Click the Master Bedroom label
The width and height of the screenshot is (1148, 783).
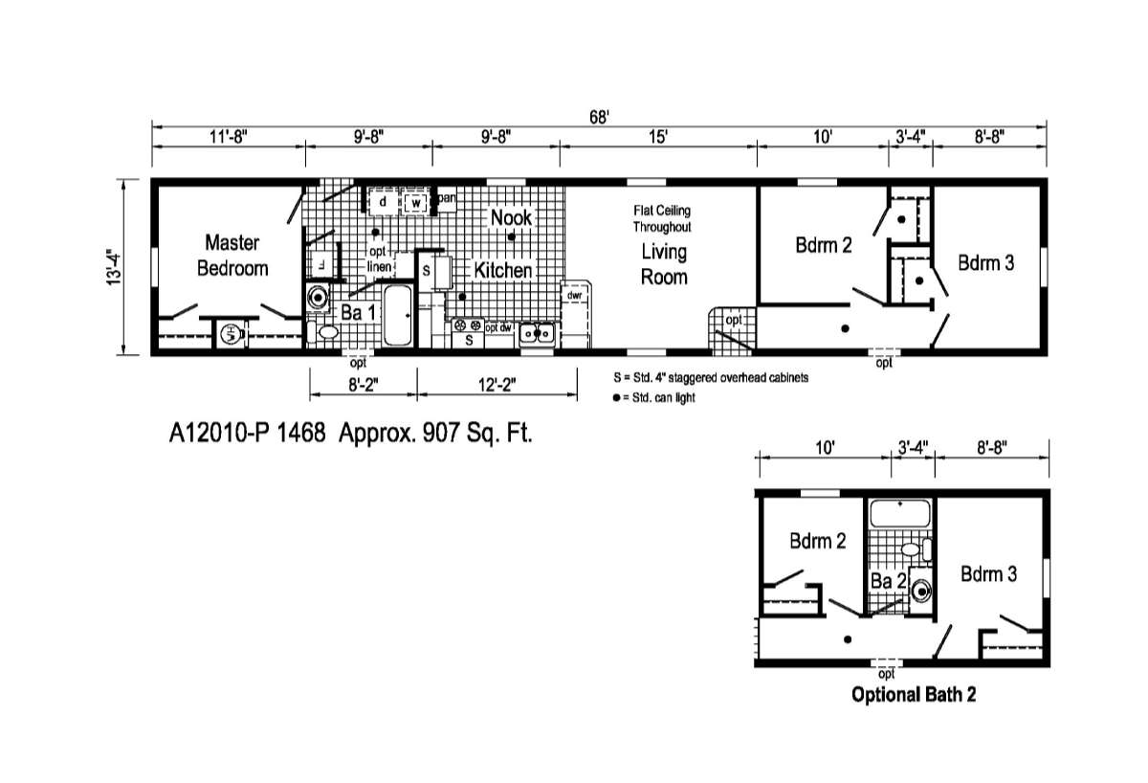[x=232, y=256]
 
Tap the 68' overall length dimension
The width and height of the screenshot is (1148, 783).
[x=599, y=117]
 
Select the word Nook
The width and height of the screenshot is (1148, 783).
[x=511, y=218]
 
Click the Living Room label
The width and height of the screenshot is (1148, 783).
[x=664, y=264]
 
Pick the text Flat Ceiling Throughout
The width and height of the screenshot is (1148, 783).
[x=661, y=218]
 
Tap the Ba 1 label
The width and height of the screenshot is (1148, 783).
[x=359, y=312]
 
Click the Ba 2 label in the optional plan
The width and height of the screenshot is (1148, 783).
[x=888, y=581]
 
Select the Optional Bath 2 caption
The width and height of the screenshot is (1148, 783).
[x=914, y=695]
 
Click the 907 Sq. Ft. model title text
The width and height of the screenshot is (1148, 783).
[x=350, y=433]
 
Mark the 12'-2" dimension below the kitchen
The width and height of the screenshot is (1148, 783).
[x=497, y=385]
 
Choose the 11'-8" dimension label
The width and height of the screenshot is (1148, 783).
[x=229, y=137]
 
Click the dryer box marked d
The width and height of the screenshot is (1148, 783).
[x=383, y=202]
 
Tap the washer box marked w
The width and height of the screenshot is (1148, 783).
[x=416, y=203]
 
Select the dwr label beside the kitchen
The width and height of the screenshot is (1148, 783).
[x=574, y=296]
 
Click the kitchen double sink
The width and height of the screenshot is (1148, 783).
[x=539, y=333]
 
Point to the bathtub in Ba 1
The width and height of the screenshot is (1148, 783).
[x=398, y=317]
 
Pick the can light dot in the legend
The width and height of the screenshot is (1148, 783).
[x=615, y=397]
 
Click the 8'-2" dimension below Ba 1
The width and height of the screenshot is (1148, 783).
[x=364, y=385]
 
